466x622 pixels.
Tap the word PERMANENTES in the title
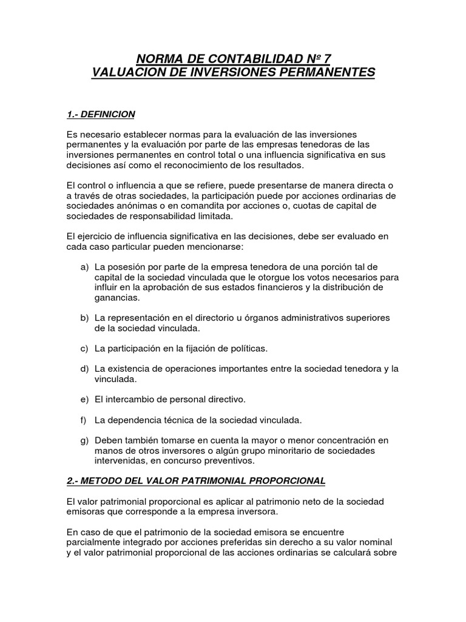click(x=327, y=73)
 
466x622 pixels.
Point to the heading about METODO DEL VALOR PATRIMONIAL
click(x=196, y=480)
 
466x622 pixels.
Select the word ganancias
click(x=117, y=298)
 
